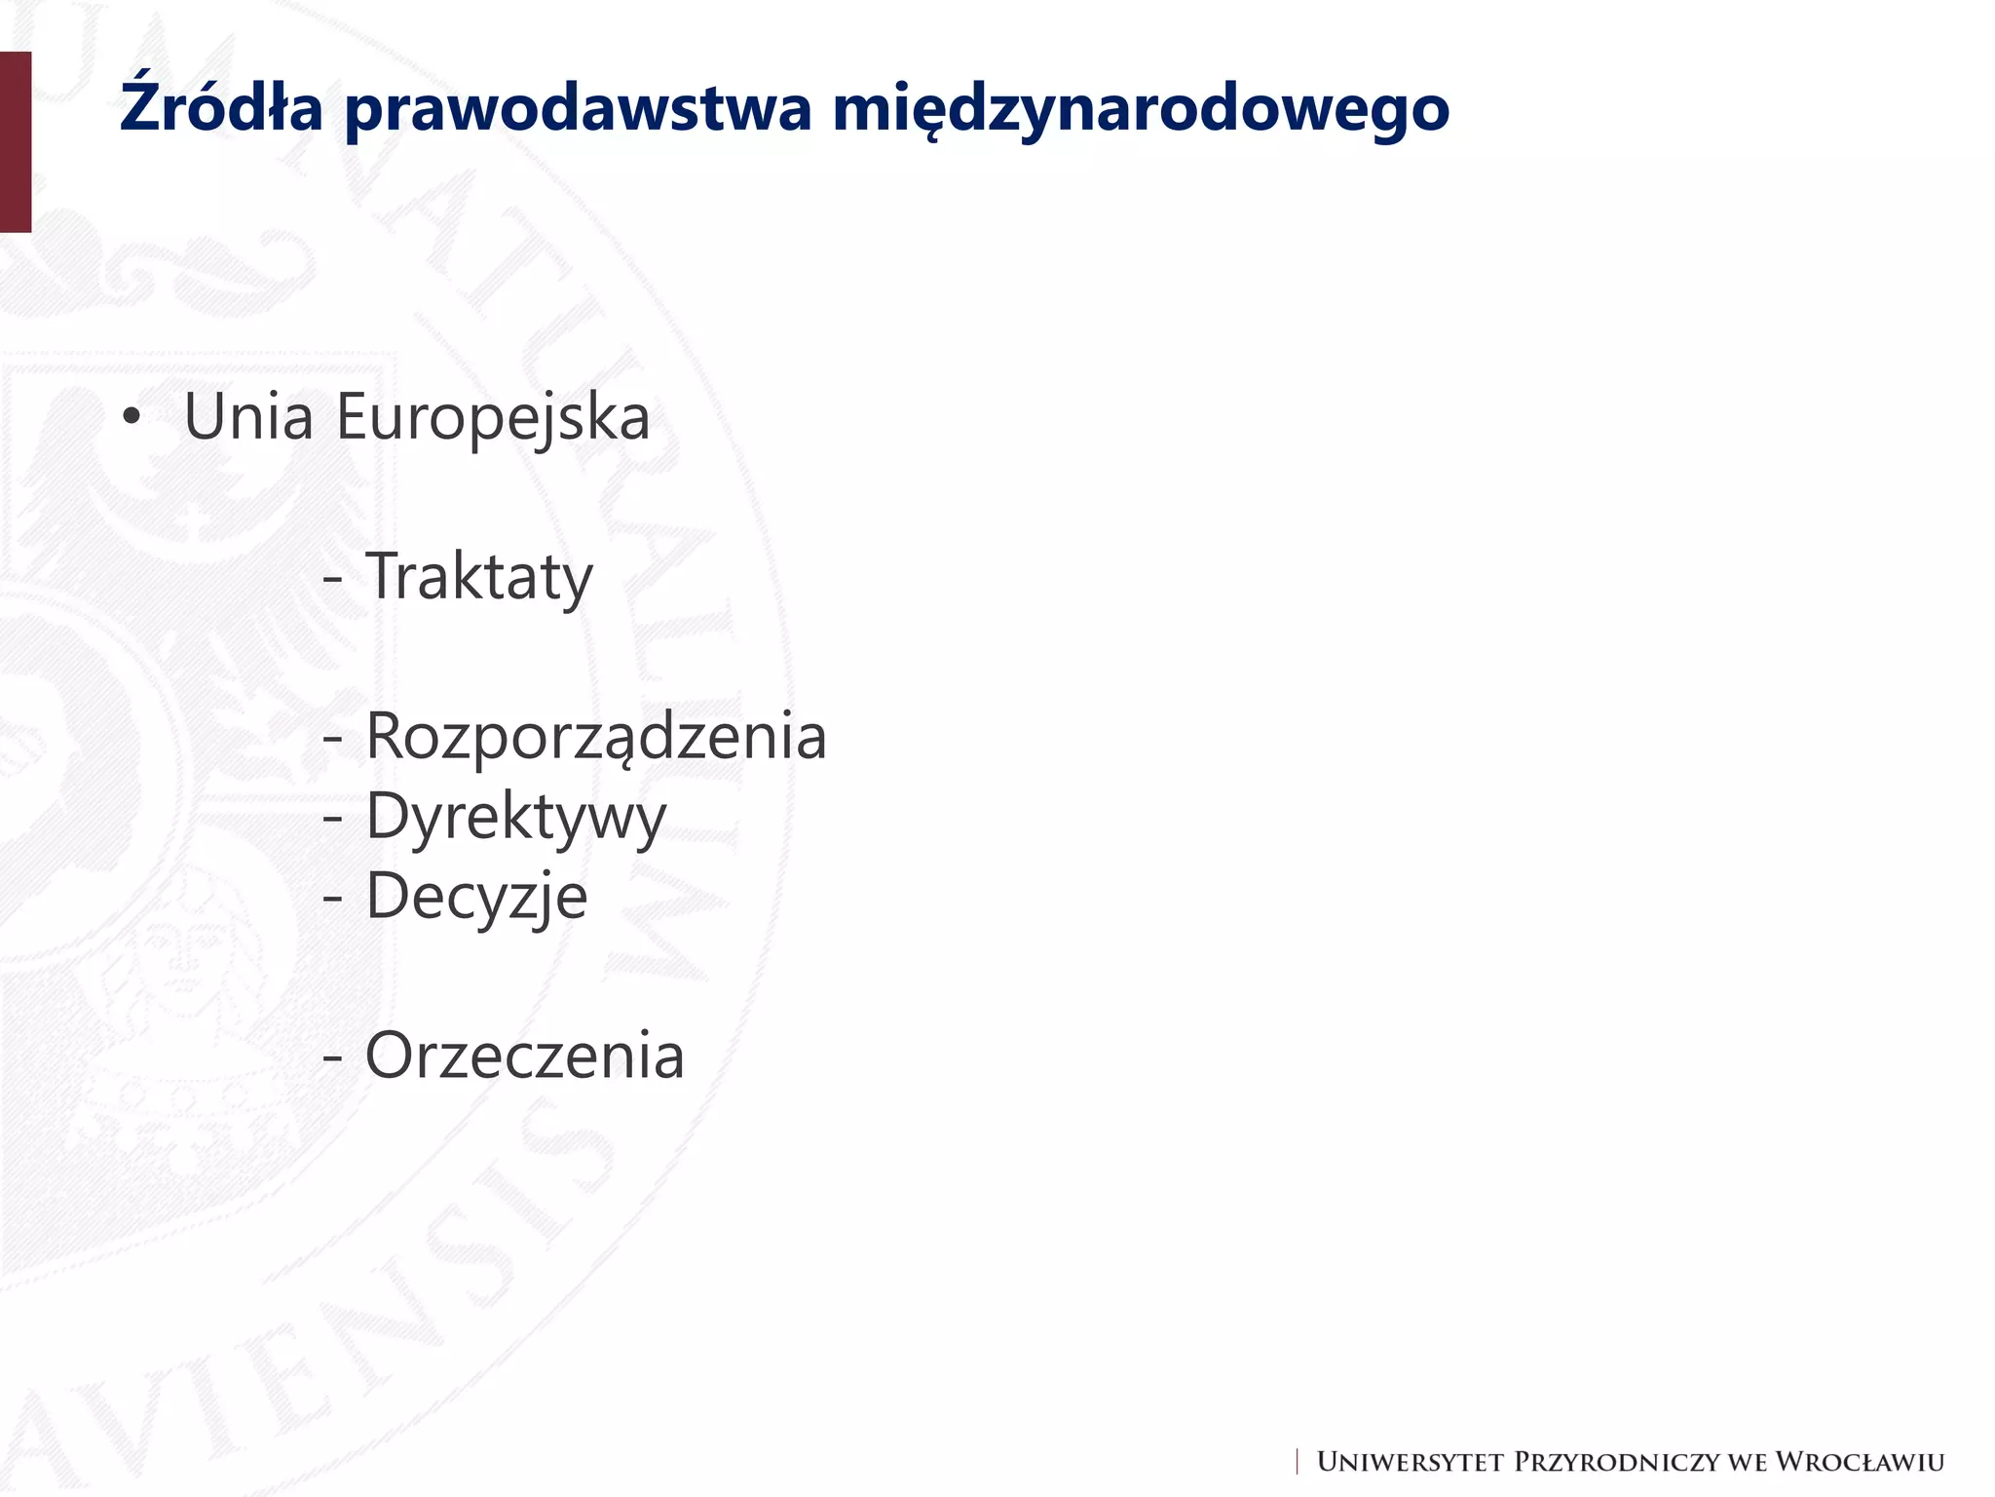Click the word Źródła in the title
pos(221,107)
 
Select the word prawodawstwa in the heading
pos(578,109)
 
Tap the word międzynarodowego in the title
pos(1141,109)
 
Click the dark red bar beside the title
pos(16,142)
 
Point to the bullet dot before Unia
pos(132,418)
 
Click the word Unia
pos(248,416)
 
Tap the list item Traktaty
pos(478,577)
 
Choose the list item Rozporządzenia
pos(596,737)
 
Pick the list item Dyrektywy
pos(516,817)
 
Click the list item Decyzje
pos(476,897)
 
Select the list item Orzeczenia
pos(525,1056)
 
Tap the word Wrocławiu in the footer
pos(1860,1462)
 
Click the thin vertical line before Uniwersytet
pos(1298,1462)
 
